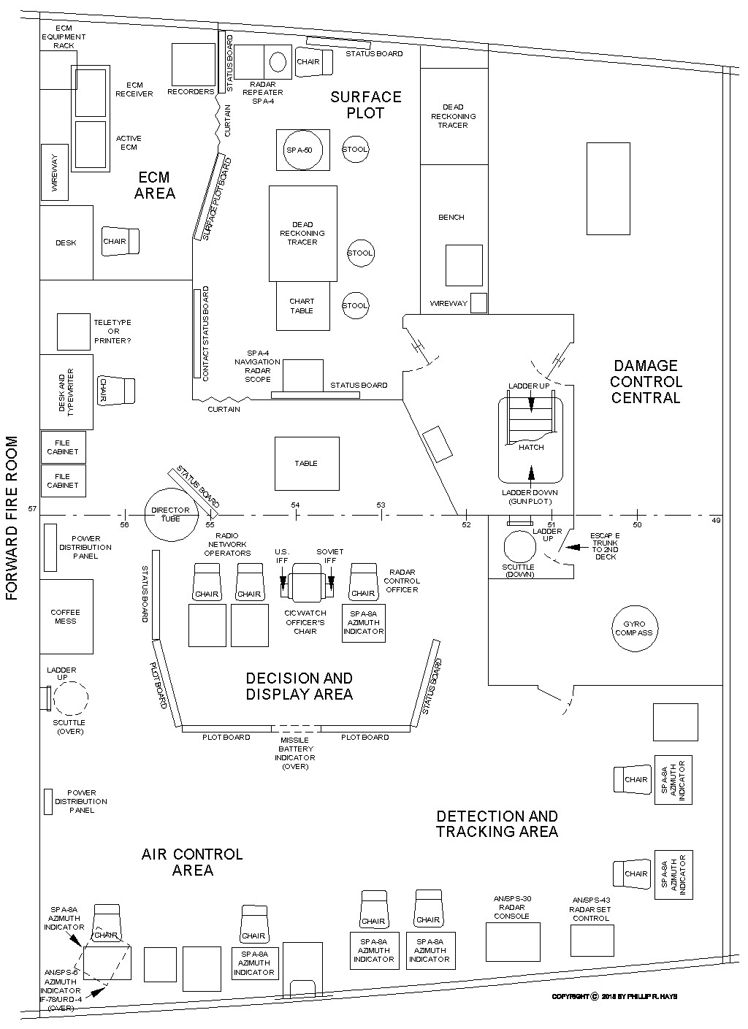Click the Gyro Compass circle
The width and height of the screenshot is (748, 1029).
[633, 628]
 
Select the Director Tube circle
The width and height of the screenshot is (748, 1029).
[170, 514]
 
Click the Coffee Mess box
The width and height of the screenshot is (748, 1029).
[66, 616]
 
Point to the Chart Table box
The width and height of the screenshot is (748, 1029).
[302, 306]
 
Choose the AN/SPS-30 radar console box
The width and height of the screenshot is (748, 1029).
[513, 942]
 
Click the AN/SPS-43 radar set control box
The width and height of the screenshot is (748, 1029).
[592, 940]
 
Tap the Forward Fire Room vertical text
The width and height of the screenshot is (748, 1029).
[12, 518]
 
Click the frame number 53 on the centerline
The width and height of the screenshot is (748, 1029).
[381, 505]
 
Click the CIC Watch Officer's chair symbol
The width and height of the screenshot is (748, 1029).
[306, 583]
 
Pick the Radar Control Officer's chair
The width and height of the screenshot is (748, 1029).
[363, 582]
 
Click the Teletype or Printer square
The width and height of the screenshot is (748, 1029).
[73, 332]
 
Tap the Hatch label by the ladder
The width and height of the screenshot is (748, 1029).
[531, 447]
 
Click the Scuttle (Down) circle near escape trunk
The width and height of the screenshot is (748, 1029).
[519, 547]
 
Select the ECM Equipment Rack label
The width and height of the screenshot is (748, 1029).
[64, 37]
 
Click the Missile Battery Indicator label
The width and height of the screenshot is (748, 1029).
[296, 753]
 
